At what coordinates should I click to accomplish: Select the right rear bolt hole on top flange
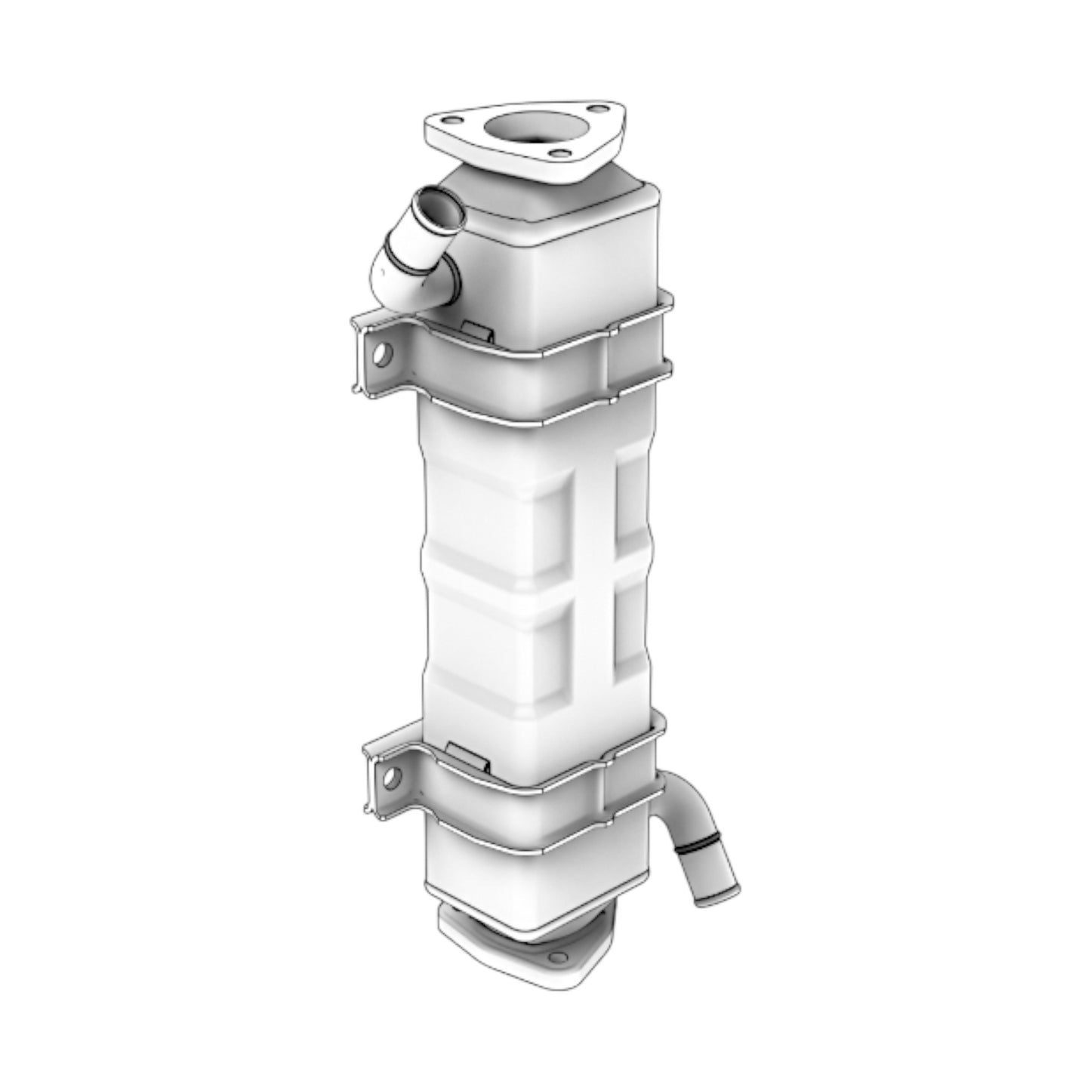(596, 110)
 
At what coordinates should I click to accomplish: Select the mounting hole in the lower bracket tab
(390, 776)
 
